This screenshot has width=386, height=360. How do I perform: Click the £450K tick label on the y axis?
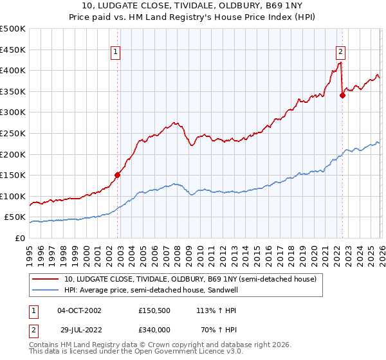pyautogui.click(x=13, y=50)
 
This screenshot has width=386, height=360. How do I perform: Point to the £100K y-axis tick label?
pyautogui.click(x=13, y=196)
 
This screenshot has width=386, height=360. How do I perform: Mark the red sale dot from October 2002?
pyautogui.click(x=118, y=174)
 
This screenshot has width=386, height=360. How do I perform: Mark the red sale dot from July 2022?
pyautogui.click(x=342, y=96)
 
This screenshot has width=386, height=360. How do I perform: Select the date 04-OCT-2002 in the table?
pyautogui.click(x=79, y=310)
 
